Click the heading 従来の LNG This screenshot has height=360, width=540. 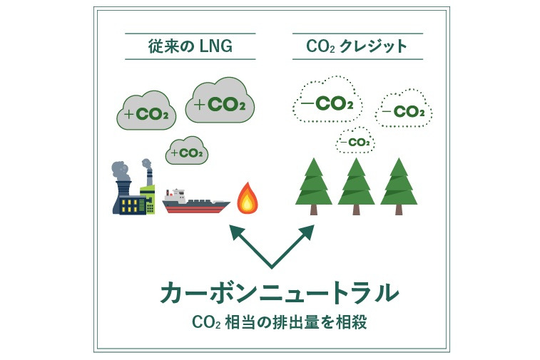click(x=189, y=47)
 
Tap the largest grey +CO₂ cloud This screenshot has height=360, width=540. click(x=220, y=103)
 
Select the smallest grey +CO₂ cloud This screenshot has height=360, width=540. click(x=186, y=151)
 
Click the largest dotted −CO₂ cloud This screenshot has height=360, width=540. click(x=327, y=103)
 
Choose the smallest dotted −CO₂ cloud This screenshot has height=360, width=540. click(x=356, y=141)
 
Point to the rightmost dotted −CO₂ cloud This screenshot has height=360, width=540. click(x=403, y=110)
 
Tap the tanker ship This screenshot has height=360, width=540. click(x=195, y=202)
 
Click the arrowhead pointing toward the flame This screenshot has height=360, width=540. click(x=233, y=231)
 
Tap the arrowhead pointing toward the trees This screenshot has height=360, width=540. click(x=308, y=231)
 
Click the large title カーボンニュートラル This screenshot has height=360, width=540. click(x=278, y=293)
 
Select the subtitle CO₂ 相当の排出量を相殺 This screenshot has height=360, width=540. click(x=279, y=322)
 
